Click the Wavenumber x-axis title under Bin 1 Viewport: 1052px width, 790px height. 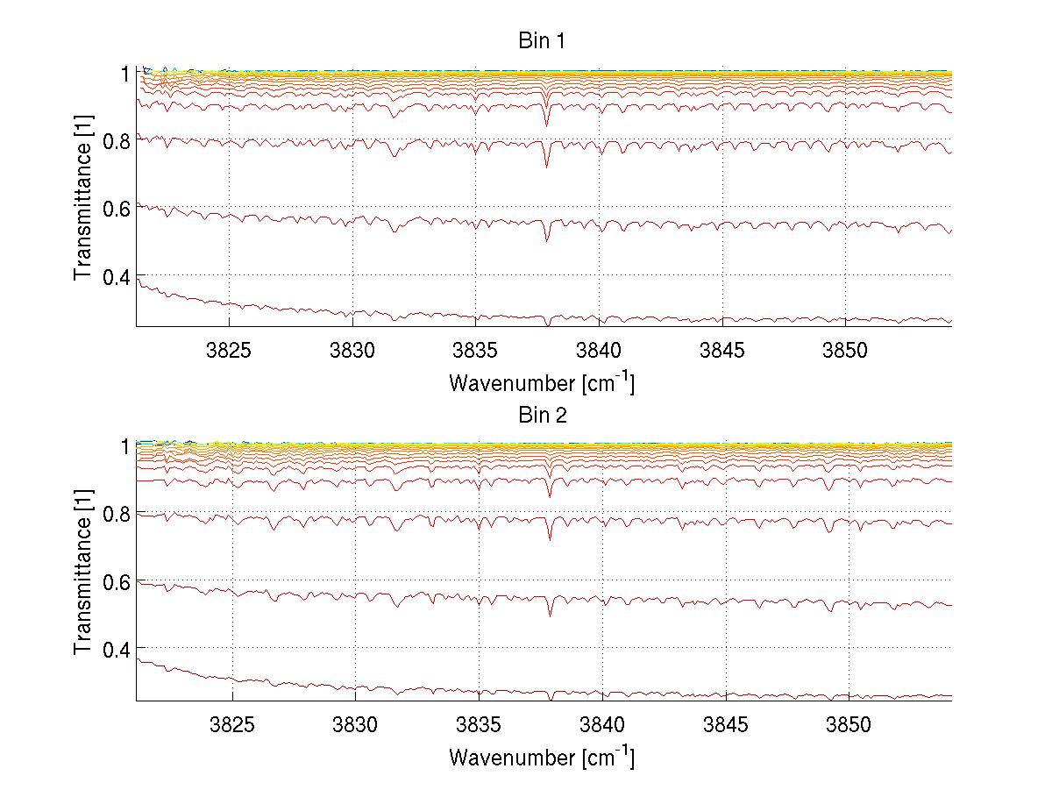pyautogui.click(x=541, y=383)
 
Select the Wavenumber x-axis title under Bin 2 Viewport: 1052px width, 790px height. pyautogui.click(x=541, y=757)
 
